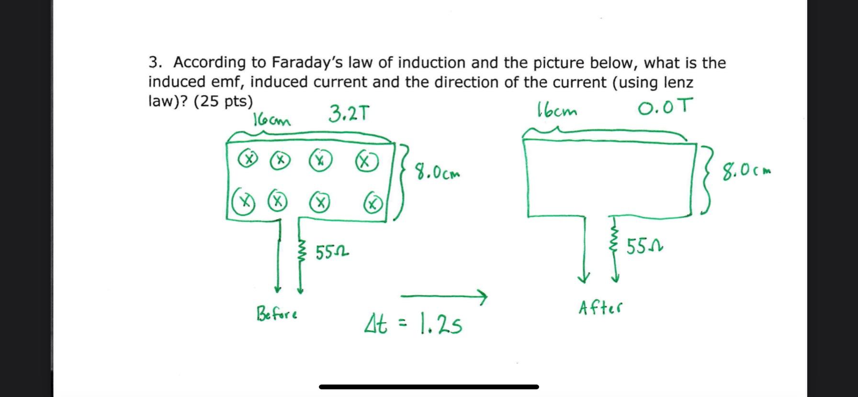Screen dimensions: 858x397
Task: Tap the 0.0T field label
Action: tap(665, 106)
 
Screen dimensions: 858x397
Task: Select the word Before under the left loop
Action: tap(277, 314)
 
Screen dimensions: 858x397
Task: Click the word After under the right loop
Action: tap(600, 307)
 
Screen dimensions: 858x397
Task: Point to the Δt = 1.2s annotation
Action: tap(414, 325)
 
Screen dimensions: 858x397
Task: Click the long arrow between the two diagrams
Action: tap(443, 297)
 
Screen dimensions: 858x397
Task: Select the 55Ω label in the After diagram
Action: tap(644, 247)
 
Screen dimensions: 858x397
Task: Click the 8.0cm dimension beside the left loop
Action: tap(437, 172)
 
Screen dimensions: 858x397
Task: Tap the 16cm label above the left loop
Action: tap(271, 119)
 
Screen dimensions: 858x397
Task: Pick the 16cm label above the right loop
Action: tap(557, 111)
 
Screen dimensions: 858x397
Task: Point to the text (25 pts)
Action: tap(223, 101)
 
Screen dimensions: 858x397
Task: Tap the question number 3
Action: tap(154, 62)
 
